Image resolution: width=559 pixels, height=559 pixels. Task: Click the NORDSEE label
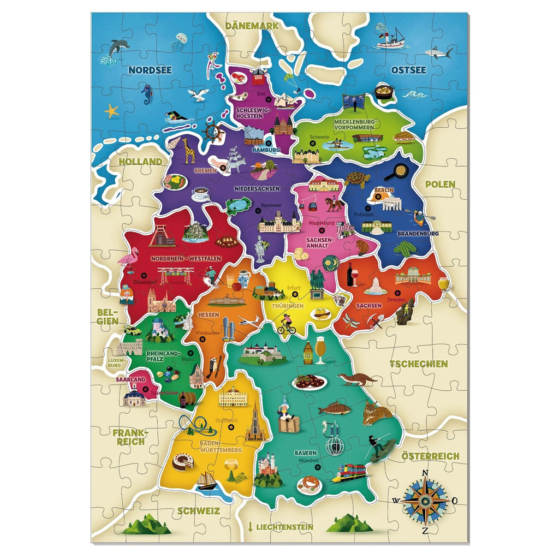point(150,70)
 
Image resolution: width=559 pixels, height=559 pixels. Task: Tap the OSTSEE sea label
point(408,70)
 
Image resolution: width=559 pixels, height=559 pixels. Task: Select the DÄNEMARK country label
point(252,25)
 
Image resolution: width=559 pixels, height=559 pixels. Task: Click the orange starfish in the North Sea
point(112,111)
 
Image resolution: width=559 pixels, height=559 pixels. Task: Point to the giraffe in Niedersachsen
point(188,150)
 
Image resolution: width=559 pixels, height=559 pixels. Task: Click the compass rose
point(426,499)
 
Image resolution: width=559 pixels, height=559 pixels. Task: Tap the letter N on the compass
point(426,473)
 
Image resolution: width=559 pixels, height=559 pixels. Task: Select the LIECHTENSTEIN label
point(281,527)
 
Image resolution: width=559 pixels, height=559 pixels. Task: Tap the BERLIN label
point(384,190)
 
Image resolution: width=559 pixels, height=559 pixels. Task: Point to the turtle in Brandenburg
point(358,179)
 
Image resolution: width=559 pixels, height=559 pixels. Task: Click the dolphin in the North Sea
point(118,47)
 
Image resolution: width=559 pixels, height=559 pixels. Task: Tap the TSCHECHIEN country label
point(418,364)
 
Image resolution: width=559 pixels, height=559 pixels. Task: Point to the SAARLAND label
point(130,379)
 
